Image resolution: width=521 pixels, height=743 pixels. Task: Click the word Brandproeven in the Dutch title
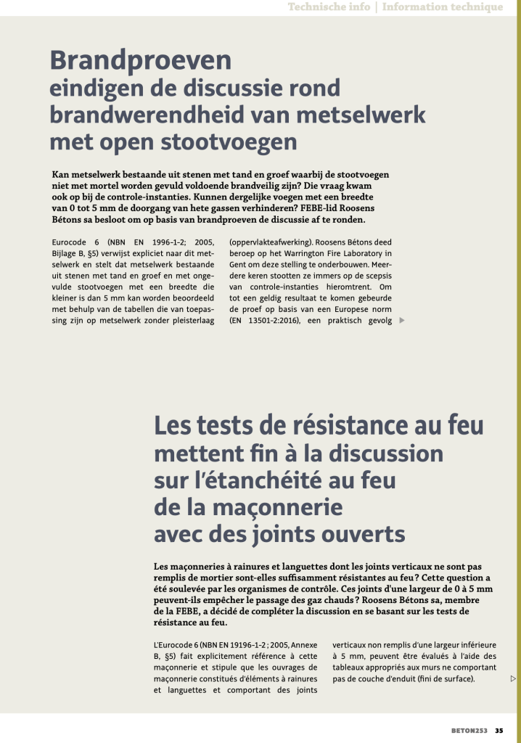click(x=140, y=59)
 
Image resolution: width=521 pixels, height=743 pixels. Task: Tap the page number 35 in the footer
click(x=499, y=730)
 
